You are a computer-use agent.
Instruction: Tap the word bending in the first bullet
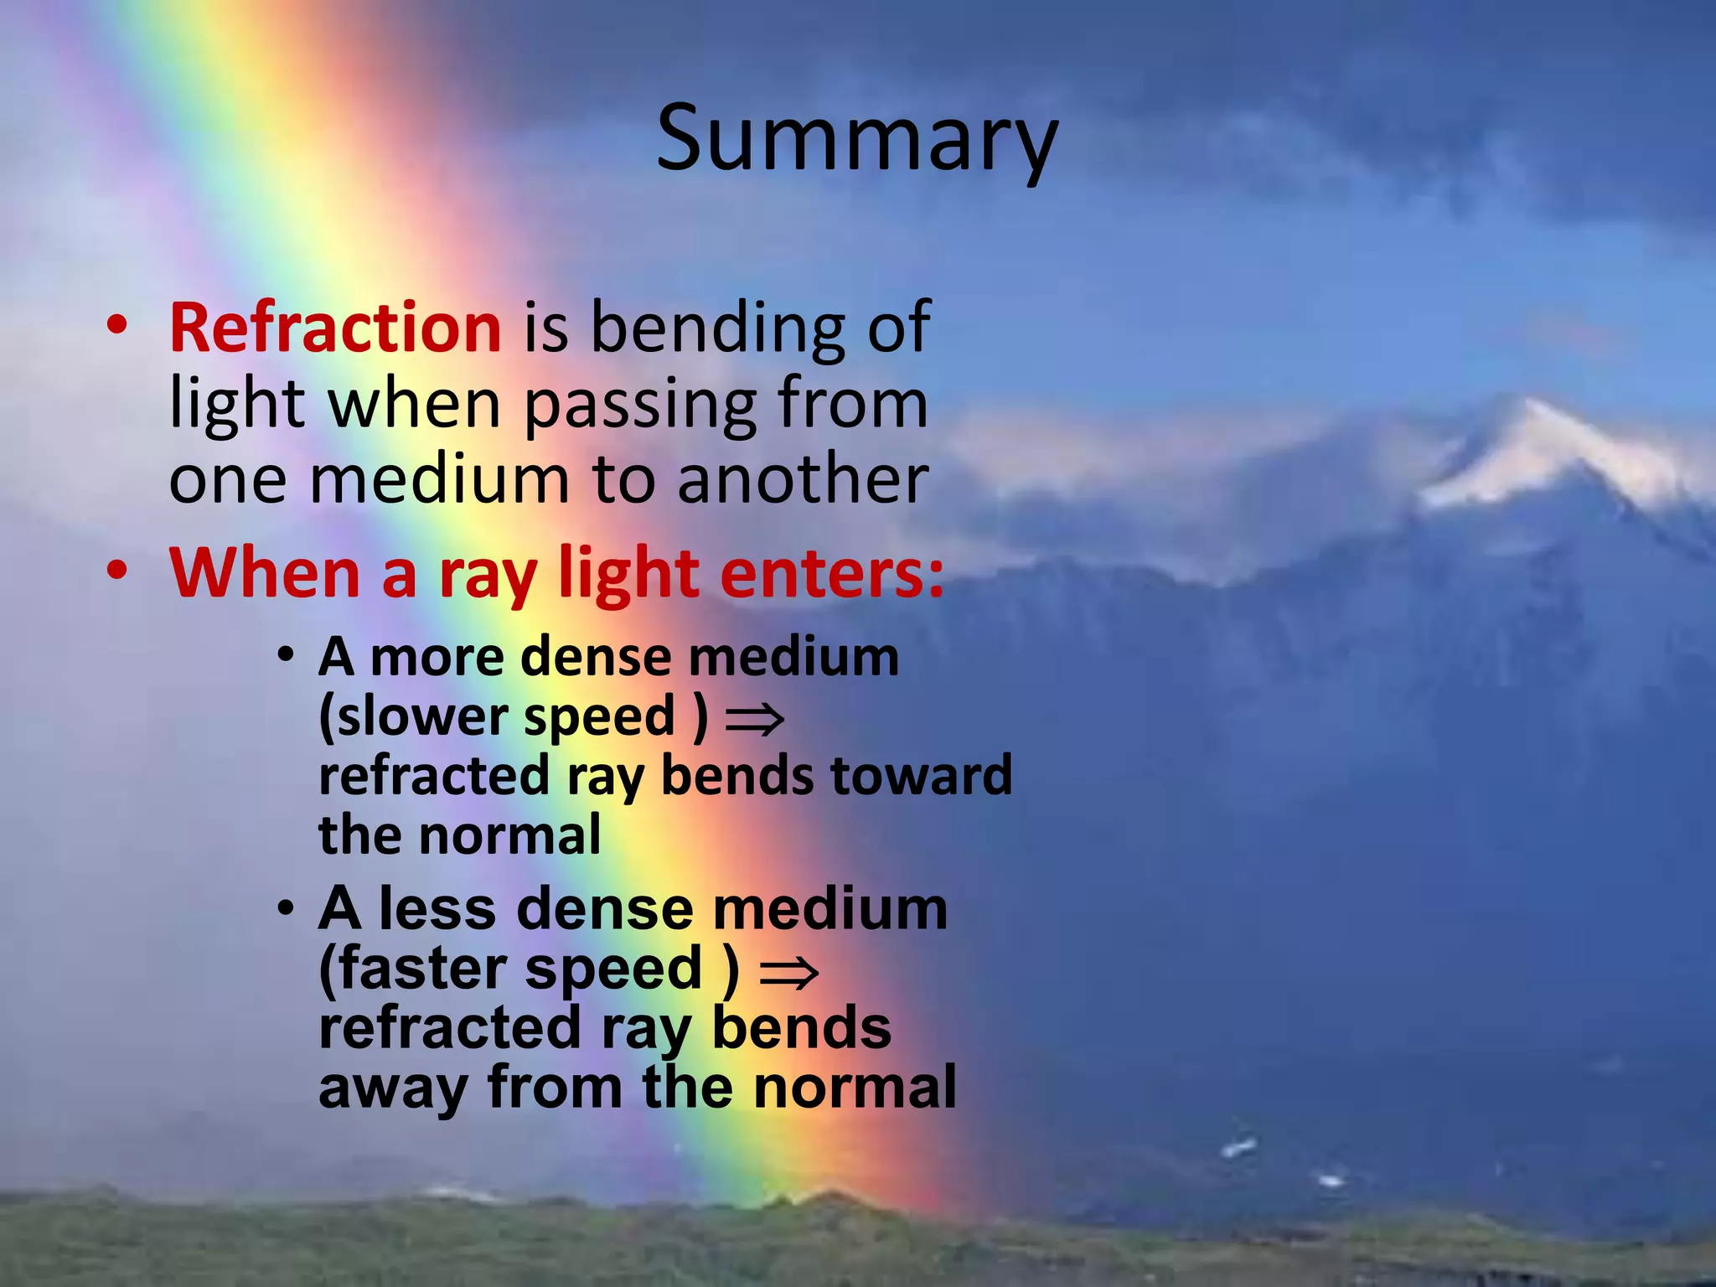click(x=719, y=328)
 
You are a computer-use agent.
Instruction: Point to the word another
click(x=803, y=480)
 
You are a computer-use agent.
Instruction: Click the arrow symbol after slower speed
click(x=754, y=719)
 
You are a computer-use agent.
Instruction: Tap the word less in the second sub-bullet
click(x=436, y=909)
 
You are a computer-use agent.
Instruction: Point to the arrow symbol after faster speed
click(x=788, y=972)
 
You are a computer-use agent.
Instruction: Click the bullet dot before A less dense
click(x=287, y=907)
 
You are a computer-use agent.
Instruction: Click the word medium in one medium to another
click(x=440, y=480)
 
